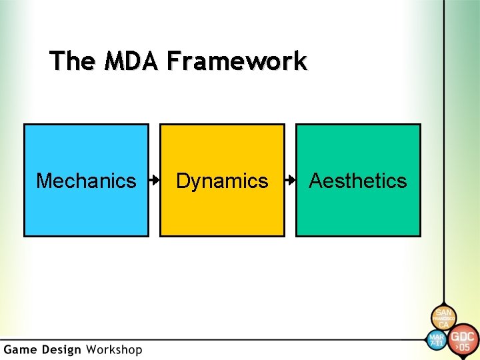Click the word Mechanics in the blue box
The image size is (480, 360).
point(86,181)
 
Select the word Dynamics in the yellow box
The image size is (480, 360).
point(222,181)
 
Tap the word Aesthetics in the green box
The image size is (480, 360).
point(358,181)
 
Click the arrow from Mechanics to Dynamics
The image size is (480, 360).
point(154,180)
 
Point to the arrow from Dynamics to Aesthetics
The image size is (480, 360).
point(290,180)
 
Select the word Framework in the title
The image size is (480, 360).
point(237,61)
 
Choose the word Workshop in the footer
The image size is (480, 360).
point(113,349)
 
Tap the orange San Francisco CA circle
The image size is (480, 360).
point(443,317)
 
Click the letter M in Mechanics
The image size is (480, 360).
point(43,181)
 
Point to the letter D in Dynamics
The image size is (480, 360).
point(182,181)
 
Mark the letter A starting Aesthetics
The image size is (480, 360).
point(316,181)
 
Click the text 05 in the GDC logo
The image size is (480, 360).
point(464,347)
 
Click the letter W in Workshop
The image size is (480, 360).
point(93,349)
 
